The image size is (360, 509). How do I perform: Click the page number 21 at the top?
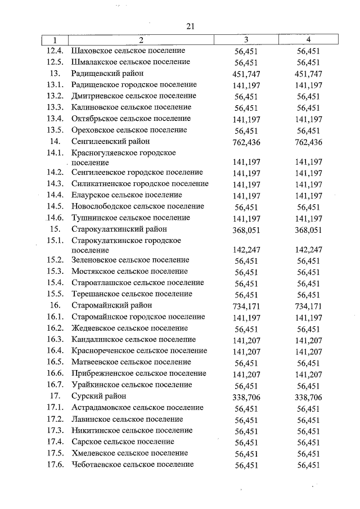[x=190, y=26]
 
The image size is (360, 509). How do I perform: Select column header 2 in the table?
[x=141, y=40]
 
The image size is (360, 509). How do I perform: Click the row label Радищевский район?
[x=107, y=74]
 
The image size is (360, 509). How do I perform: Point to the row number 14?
[x=55, y=141]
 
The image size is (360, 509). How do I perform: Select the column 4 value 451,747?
[x=308, y=74]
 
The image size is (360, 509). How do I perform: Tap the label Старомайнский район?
[x=112, y=305]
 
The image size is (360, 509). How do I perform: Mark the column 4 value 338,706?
[x=308, y=397]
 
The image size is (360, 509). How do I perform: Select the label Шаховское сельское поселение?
[x=129, y=51]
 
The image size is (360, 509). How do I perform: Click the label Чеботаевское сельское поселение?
[x=133, y=464]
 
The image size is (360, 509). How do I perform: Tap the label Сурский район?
[x=99, y=396]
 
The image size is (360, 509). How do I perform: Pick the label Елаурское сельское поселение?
[x=127, y=195]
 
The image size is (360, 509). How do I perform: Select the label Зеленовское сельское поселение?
[x=130, y=260]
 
